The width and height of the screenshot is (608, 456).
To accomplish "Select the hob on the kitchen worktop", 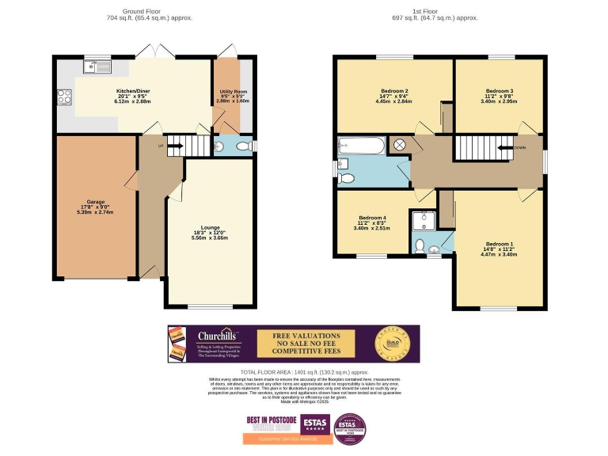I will pos(64,98).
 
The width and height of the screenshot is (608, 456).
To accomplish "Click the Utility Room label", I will pos(233,93).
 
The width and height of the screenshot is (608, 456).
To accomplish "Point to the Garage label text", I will pos(96,202).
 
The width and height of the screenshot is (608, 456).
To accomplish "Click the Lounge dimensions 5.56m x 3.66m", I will pos(210,239).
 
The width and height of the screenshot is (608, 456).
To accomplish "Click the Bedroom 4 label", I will pos(372,218).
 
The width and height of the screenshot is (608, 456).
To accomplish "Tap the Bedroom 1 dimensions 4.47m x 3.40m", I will pos(500,255).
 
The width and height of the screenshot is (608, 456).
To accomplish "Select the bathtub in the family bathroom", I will pos(361,145).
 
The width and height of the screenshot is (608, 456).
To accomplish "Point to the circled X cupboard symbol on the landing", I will pos(400,145).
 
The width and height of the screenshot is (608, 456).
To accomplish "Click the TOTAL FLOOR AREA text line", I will pos(305,371).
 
